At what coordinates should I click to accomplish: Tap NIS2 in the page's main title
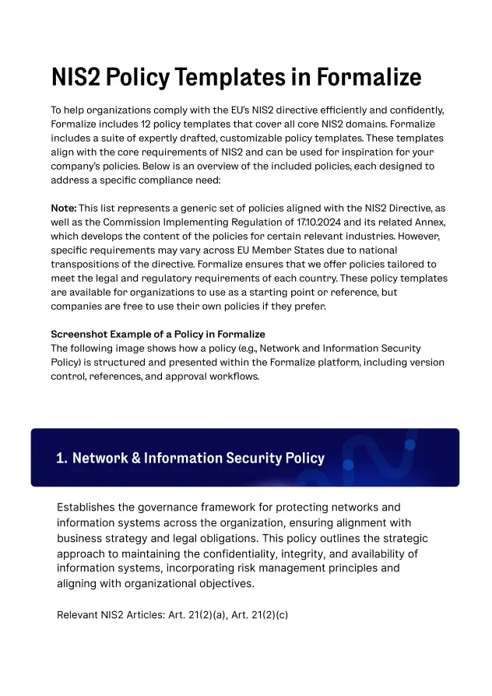(x=76, y=78)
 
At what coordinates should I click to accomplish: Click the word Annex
(x=416, y=223)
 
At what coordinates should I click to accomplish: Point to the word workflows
(x=233, y=377)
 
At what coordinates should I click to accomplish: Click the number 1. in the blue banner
(x=61, y=458)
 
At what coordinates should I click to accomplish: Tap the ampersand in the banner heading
(x=135, y=458)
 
